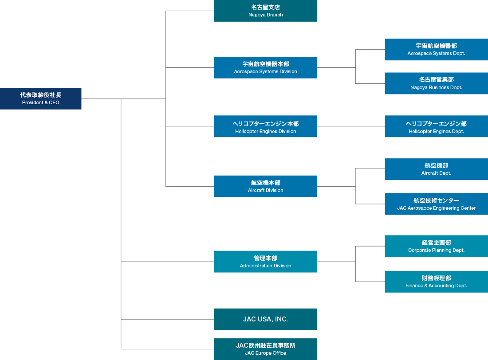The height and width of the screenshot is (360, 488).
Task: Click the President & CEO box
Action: point(41,98)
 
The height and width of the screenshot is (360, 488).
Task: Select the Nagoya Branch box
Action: point(265,11)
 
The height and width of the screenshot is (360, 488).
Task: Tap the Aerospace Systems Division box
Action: point(265,67)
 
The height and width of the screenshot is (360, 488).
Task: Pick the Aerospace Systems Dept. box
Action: point(436,50)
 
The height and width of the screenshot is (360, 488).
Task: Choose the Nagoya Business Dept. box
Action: point(436,83)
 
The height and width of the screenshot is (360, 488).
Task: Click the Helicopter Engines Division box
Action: point(265,126)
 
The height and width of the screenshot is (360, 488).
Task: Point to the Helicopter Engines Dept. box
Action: point(436,126)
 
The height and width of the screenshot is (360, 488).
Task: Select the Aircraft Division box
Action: point(265,186)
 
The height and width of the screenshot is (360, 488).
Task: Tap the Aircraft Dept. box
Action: point(436,169)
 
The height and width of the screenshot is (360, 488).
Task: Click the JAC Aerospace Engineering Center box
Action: point(436,204)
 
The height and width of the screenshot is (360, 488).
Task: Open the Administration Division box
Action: point(265,262)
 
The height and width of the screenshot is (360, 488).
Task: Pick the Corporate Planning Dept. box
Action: point(436,246)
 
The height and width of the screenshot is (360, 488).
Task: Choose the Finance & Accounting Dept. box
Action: point(436,282)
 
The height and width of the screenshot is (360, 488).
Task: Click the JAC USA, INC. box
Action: point(265,319)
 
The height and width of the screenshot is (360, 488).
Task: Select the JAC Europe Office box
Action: point(265,349)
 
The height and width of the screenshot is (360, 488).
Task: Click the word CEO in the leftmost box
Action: point(54,103)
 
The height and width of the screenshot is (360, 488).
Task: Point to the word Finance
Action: point(414,286)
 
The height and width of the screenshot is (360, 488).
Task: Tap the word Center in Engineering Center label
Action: point(467,208)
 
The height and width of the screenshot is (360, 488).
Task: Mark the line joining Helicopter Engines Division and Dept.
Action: point(350,126)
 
